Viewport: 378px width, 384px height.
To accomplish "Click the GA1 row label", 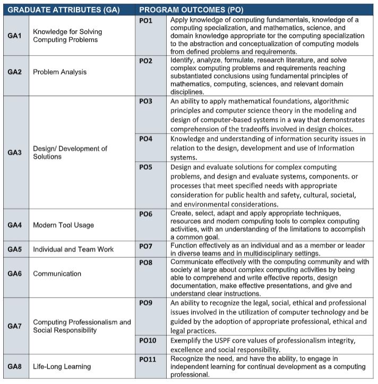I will click(x=15, y=36).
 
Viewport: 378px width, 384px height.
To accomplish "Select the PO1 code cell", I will click(x=145, y=20).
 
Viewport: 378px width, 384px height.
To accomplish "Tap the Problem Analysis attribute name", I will click(x=60, y=72).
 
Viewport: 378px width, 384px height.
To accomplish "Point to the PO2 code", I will click(x=145, y=61).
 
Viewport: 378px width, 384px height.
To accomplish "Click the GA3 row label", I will click(x=15, y=153).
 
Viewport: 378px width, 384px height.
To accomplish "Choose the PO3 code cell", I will click(x=145, y=100).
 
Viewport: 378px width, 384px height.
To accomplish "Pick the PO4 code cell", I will click(x=145, y=139).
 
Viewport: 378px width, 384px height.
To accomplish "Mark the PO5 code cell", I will click(x=145, y=167).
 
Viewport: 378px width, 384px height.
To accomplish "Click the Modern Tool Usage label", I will click(x=63, y=225).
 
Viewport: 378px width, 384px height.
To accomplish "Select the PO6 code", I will click(x=145, y=214).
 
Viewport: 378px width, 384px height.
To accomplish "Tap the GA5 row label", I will click(x=15, y=249).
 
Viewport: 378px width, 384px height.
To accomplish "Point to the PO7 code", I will click(x=145, y=246).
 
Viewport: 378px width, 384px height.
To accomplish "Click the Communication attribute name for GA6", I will click(x=57, y=274).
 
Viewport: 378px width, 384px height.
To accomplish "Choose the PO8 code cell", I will click(x=145, y=263).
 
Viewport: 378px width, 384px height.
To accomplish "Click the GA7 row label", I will click(x=15, y=326).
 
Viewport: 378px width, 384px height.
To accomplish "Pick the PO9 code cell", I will click(x=145, y=303).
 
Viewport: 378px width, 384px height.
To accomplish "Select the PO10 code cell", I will click(x=148, y=341).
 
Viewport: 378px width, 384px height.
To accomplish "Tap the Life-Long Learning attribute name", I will click(x=62, y=366).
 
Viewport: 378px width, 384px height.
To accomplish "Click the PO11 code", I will click(x=148, y=360).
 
